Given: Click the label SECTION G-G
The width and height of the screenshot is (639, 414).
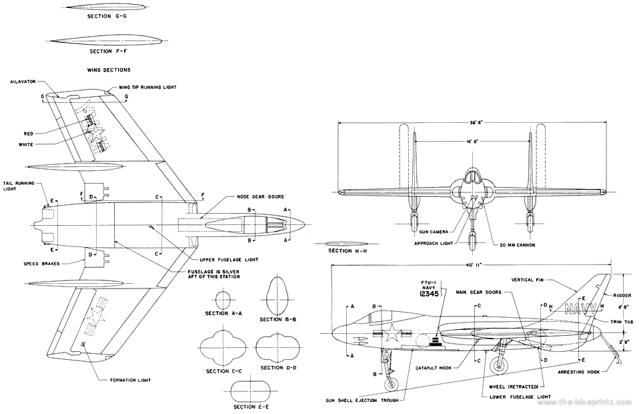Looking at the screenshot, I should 110,17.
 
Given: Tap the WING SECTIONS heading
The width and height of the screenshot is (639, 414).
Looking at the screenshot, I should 109,69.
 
